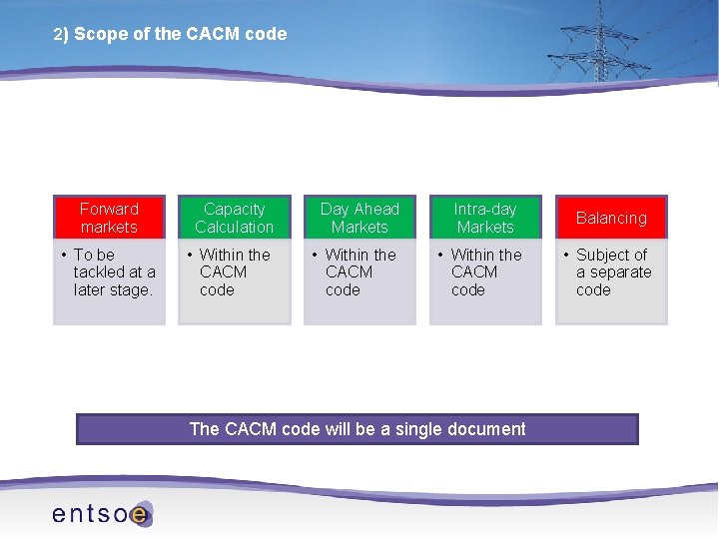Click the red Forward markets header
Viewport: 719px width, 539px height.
click(x=109, y=218)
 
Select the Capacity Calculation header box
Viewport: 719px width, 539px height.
click(x=235, y=218)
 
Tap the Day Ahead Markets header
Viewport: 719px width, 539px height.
click(x=359, y=218)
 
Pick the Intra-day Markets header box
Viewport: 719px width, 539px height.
click(x=485, y=218)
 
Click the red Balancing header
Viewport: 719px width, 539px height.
click(x=611, y=218)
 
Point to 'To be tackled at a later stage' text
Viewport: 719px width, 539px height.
click(x=114, y=272)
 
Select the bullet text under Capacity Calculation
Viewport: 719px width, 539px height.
click(x=234, y=272)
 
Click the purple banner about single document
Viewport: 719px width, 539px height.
click(x=358, y=429)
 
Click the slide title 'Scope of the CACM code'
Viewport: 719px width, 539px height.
click(x=180, y=34)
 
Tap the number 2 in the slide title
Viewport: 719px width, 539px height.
click(x=58, y=34)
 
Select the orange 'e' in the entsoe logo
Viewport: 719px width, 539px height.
click(x=140, y=514)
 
